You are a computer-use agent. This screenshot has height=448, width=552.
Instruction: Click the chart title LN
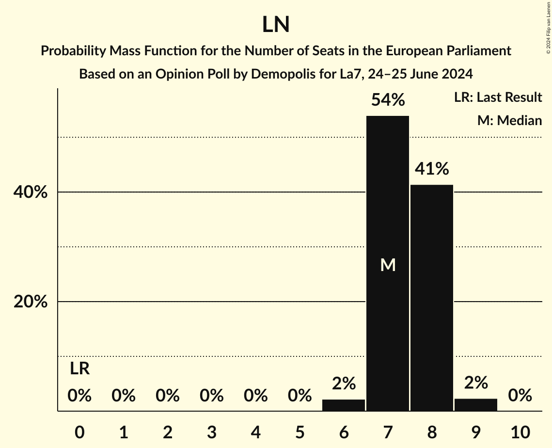click(276, 25)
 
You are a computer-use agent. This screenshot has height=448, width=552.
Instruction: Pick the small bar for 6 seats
click(344, 405)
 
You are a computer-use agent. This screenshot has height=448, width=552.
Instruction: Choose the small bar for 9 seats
click(476, 405)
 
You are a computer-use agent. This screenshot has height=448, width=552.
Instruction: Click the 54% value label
click(388, 100)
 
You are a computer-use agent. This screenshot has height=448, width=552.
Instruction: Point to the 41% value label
click(432, 169)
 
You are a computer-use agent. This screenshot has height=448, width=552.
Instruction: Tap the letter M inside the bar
click(388, 265)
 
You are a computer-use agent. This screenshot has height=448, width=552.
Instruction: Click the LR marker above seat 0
click(79, 369)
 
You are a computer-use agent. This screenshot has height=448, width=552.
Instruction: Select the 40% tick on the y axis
click(30, 192)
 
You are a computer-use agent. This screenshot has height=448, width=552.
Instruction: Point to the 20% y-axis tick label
click(30, 302)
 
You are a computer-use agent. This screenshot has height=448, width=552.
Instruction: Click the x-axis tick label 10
click(520, 432)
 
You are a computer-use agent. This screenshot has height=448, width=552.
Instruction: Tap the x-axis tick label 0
click(79, 432)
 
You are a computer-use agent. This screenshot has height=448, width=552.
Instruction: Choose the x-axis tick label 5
click(300, 432)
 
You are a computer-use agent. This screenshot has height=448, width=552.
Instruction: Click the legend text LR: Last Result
click(498, 97)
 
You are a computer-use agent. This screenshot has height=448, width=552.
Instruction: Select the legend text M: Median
click(509, 120)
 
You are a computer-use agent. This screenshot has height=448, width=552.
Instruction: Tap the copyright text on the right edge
click(548, 27)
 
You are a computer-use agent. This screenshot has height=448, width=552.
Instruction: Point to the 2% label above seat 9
click(476, 384)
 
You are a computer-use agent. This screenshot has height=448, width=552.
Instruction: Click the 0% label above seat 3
click(212, 396)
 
